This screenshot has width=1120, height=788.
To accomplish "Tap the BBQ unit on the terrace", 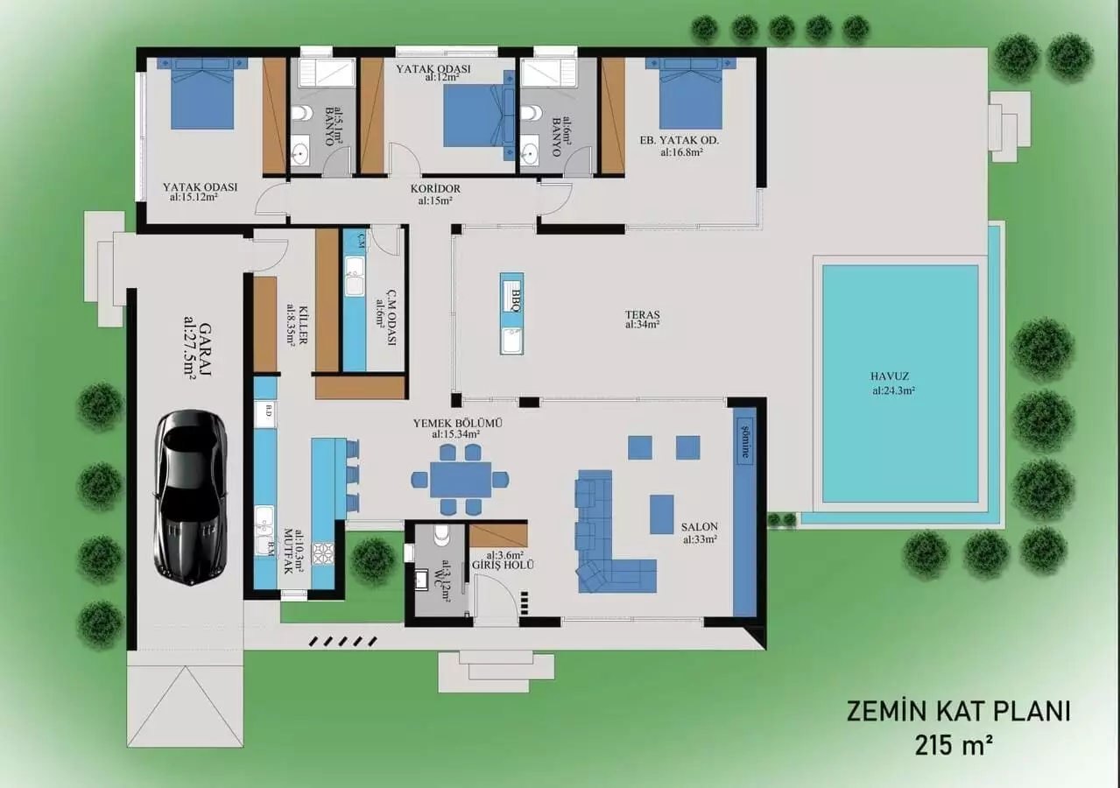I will pyautogui.click(x=512, y=313).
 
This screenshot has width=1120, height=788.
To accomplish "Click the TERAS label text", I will pyautogui.click(x=642, y=315).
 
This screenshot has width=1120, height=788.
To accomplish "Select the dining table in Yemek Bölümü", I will pyautogui.click(x=460, y=480).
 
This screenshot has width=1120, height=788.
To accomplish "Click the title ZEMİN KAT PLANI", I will pyautogui.click(x=958, y=711).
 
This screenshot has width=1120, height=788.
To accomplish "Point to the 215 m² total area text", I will pyautogui.click(x=954, y=745).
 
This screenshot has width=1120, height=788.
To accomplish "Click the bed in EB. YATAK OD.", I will pyautogui.click(x=690, y=93).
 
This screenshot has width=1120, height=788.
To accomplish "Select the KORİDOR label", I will pyautogui.click(x=435, y=188).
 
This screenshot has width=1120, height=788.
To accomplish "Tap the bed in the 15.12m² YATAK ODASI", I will pyautogui.click(x=202, y=93).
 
